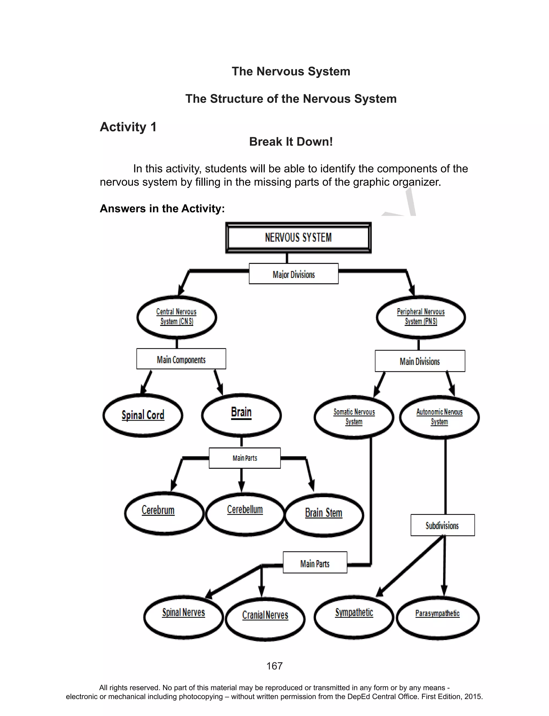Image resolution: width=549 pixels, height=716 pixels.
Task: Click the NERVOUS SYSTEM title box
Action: point(298,238)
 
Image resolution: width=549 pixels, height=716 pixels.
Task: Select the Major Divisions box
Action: point(294,274)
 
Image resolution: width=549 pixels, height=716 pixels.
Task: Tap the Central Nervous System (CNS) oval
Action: point(176,317)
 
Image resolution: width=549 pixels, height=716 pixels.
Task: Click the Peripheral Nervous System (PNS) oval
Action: point(421,317)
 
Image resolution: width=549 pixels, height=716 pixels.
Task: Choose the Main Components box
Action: point(181,359)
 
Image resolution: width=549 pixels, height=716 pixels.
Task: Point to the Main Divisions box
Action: point(420,361)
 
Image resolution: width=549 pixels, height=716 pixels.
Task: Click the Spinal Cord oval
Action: point(143,415)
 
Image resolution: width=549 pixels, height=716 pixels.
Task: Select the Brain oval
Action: point(242,414)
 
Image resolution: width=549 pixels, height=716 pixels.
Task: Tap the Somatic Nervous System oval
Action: point(354,417)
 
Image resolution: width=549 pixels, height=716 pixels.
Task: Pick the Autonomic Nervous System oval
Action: point(439,417)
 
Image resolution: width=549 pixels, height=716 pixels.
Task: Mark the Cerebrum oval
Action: point(164,513)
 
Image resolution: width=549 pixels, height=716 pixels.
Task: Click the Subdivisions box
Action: point(443,525)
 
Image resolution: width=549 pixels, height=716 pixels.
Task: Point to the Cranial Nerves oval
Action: point(265,619)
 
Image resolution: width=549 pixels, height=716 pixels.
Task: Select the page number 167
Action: point(274,666)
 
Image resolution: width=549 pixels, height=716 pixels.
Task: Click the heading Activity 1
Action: point(128,127)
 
